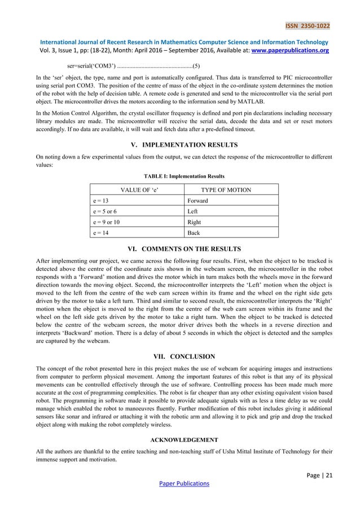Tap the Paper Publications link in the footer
click(x=180, y=483)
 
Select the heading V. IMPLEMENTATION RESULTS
click(x=180, y=145)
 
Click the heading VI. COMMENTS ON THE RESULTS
click(x=180, y=248)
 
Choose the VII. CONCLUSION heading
click(x=180, y=356)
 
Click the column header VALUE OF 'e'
click(x=137, y=190)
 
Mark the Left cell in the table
click(x=192, y=211)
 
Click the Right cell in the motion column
click(x=194, y=222)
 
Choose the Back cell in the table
click(x=194, y=232)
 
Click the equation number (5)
click(x=195, y=66)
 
